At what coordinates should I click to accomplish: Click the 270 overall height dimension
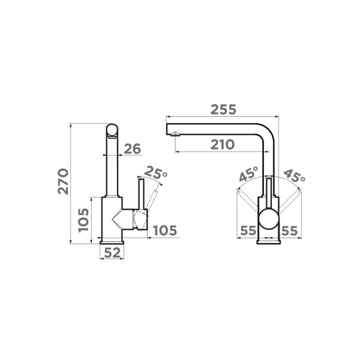pos(63,181)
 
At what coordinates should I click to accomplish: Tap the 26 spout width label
pos(133,149)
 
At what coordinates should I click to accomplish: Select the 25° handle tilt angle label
pos(155,172)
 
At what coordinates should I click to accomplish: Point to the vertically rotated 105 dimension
pos(83,220)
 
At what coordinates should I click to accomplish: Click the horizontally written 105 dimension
pos(165,230)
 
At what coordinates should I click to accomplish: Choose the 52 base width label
pos(112,253)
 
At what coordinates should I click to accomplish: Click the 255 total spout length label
pos(223,110)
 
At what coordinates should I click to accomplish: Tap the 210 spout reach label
pos(223,145)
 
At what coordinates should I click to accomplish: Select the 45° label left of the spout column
pos(249,173)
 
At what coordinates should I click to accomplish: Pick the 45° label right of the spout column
pos(295,176)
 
